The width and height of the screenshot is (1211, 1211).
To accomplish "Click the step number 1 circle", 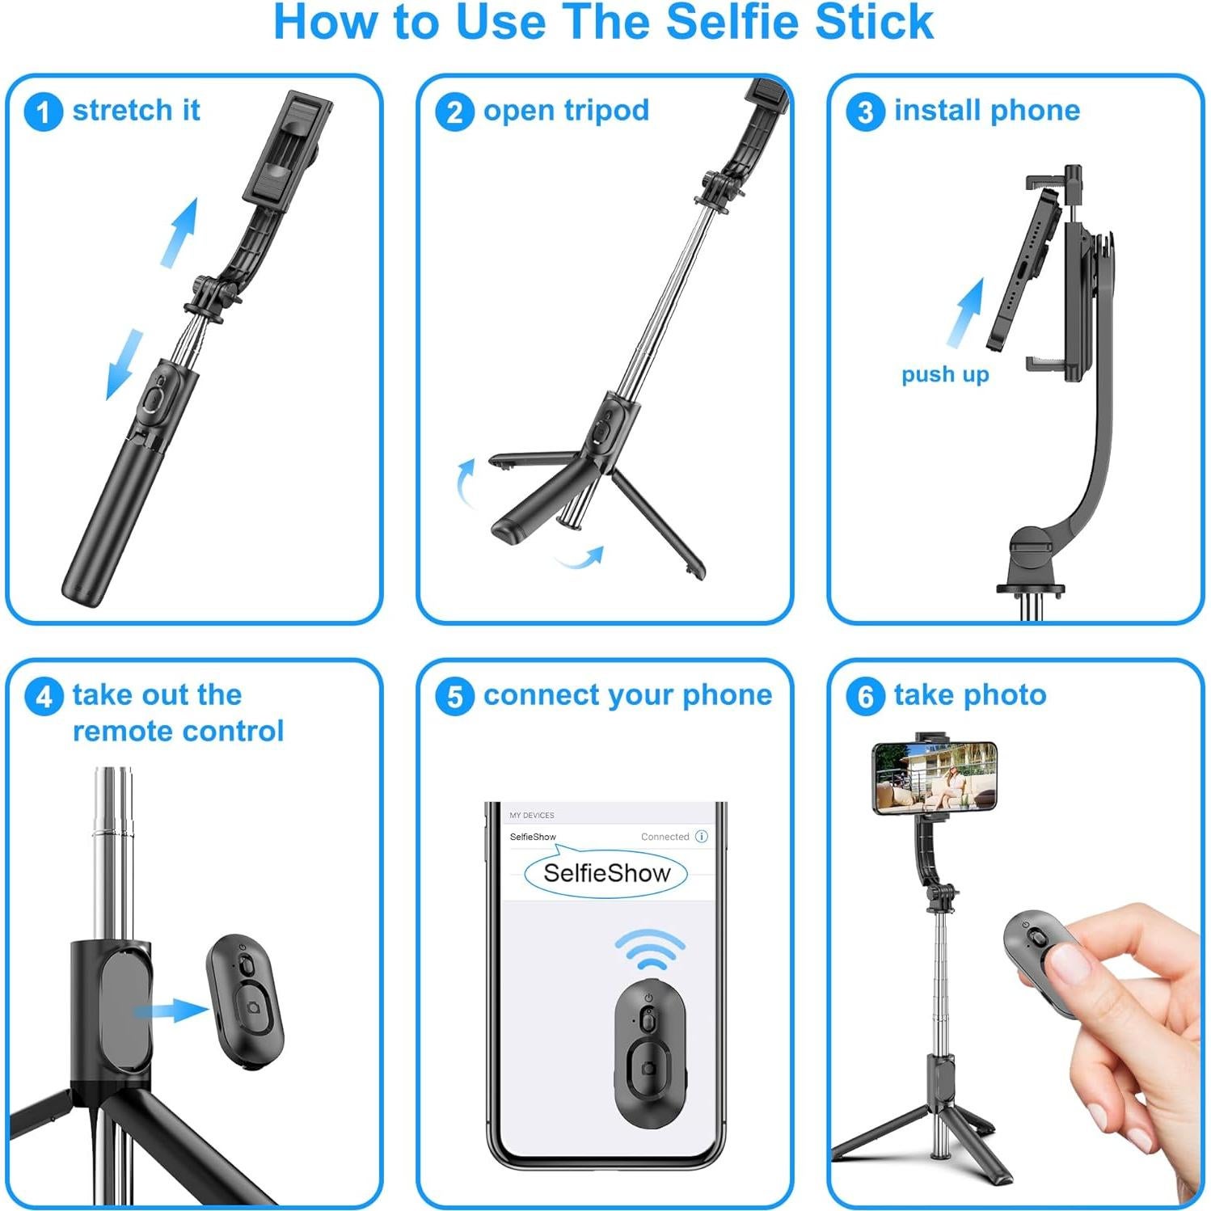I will pos(43,112).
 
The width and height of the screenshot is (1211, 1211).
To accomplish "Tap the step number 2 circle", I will pos(454,112).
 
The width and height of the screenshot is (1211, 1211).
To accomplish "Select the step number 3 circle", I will pos(865,112).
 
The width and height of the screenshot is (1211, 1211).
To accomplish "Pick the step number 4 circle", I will pos(43,696).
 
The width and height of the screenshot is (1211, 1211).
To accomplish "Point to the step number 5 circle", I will pos(454,696).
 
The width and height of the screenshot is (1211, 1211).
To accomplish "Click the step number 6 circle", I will pos(865,696).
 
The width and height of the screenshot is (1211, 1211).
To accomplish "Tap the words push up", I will pos(945,374).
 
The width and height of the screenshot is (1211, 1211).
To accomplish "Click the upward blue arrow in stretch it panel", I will pos(180,232).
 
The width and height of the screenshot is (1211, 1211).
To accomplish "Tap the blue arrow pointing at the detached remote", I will pos(171,1011).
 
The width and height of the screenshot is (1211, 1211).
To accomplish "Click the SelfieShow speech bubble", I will pos(606,873).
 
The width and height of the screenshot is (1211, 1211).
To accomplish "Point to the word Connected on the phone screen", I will pos(665,837).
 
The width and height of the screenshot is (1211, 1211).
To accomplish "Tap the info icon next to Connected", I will pos(702,837).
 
